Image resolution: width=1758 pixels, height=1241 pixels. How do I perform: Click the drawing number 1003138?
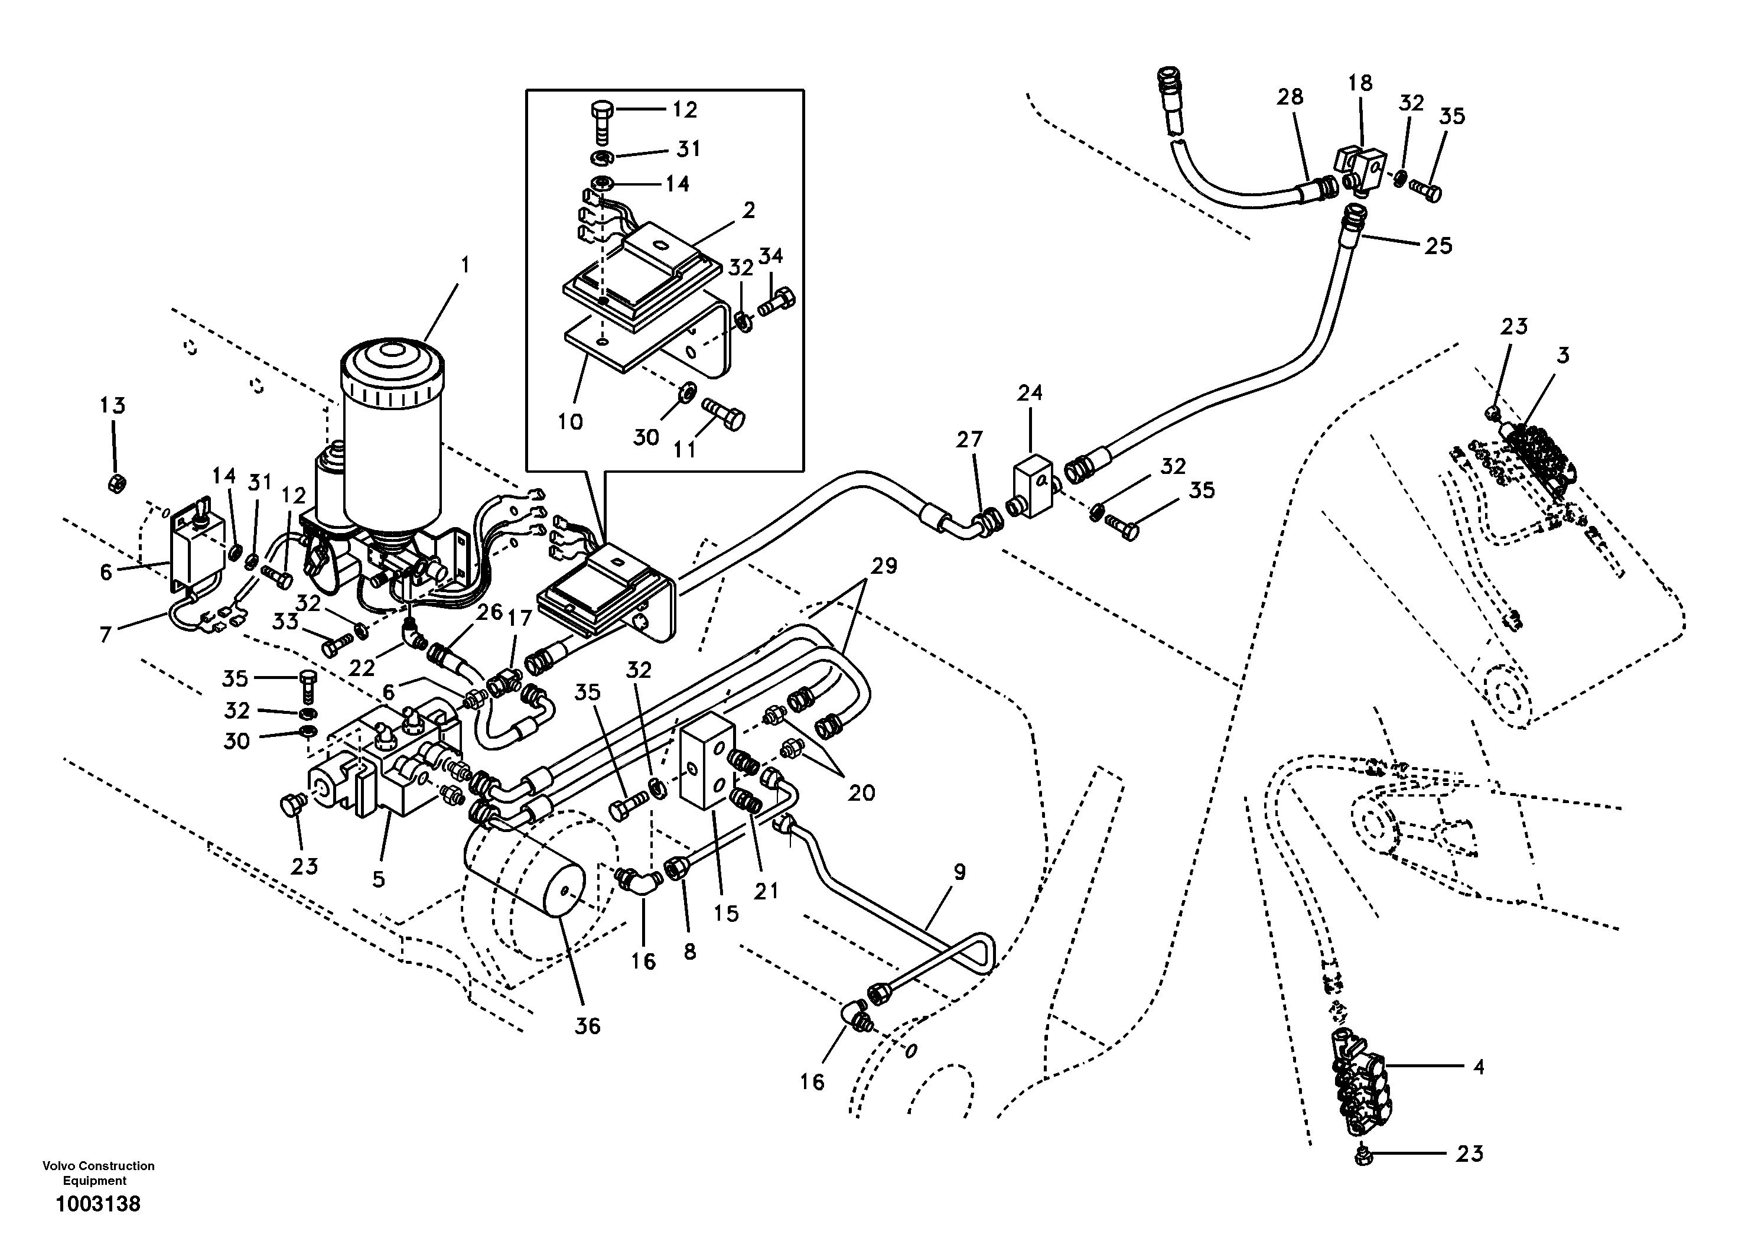click(97, 1204)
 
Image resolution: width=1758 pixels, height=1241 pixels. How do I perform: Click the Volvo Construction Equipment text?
click(98, 1173)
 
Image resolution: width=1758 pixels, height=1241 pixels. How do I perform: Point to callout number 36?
click(587, 1026)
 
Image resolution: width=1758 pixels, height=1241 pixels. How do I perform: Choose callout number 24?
click(1030, 393)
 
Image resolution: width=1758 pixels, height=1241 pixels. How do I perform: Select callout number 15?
click(726, 912)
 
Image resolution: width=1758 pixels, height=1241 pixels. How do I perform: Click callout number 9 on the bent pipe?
click(959, 872)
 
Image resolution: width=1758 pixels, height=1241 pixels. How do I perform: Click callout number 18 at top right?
click(1360, 83)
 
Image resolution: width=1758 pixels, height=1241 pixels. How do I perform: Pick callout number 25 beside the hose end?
click(1437, 246)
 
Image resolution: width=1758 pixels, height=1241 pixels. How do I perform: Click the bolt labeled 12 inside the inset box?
click(600, 121)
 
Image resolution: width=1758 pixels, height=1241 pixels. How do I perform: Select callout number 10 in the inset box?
click(571, 421)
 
